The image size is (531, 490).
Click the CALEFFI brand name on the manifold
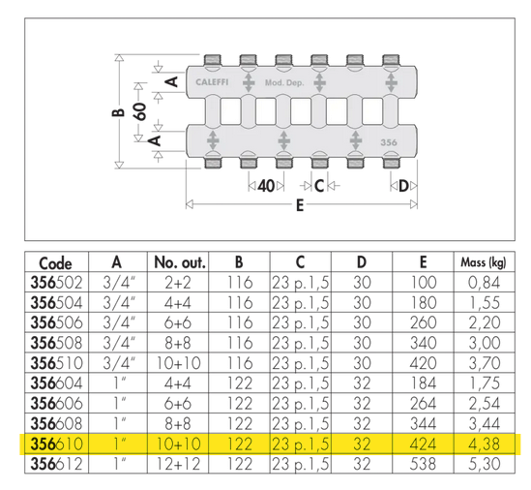click(212, 82)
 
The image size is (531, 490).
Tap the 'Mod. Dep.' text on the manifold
click(284, 82)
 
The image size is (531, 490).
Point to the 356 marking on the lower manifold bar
click(389, 142)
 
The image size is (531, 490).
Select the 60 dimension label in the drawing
click(140, 111)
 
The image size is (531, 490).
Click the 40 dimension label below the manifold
click(266, 186)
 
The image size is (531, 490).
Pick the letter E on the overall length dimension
click(300, 205)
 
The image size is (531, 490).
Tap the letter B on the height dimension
click(118, 111)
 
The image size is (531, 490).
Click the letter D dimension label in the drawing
click(403, 186)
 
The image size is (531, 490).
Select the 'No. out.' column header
click(180, 262)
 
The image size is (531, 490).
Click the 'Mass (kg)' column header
click(484, 262)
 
